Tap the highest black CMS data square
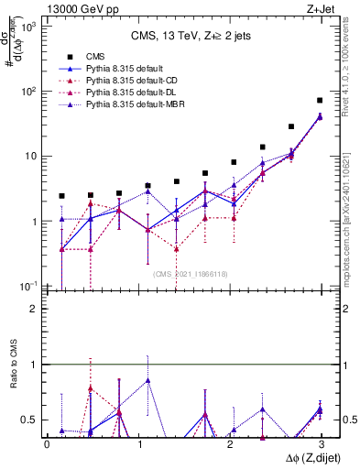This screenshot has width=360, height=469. point(320,100)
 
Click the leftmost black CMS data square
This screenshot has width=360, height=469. point(61,196)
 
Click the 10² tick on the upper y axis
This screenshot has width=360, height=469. point(30,91)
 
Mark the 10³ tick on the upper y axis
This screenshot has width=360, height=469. point(30,26)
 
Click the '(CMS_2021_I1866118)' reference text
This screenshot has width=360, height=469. point(190,273)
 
